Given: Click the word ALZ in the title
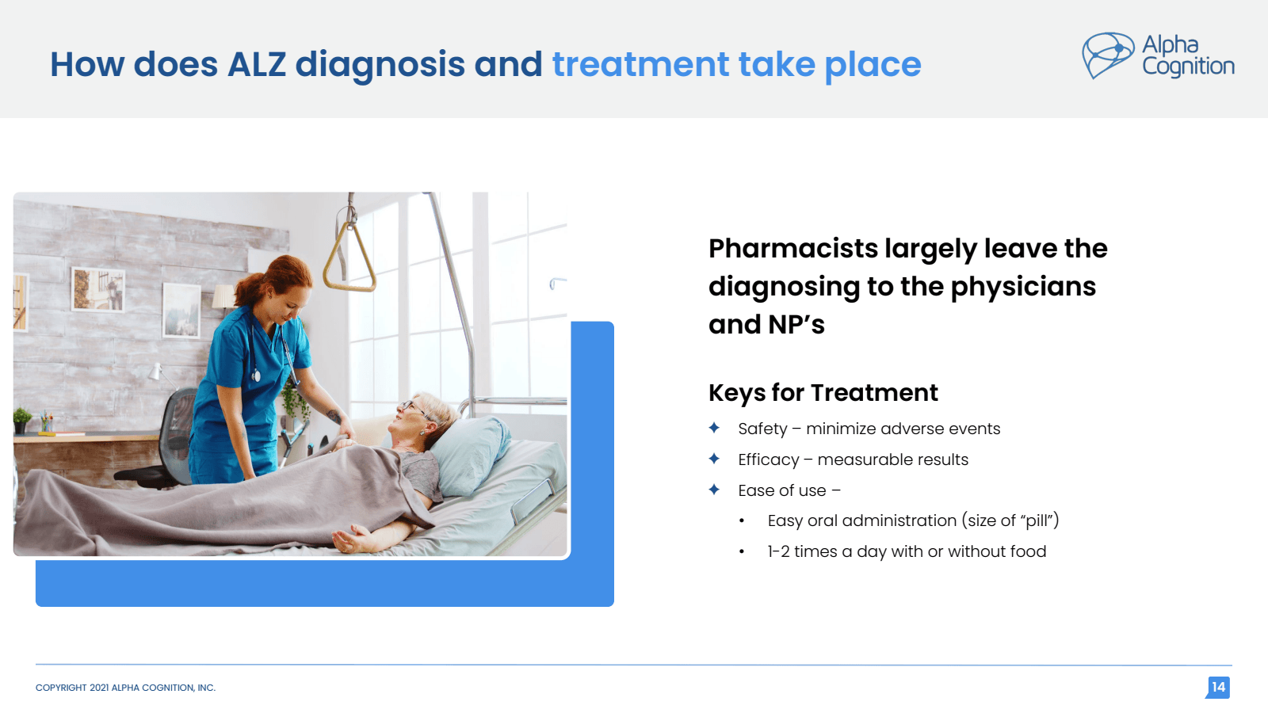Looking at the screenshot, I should pyautogui.click(x=256, y=64).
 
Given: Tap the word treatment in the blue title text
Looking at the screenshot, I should pyautogui.click(x=640, y=64).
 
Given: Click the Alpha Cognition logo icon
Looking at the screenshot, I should pyautogui.click(x=1108, y=55).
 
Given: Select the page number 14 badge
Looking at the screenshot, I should pyautogui.click(x=1218, y=687).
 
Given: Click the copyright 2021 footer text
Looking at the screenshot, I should pyautogui.click(x=125, y=688).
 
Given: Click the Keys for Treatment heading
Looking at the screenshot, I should pyautogui.click(x=823, y=393).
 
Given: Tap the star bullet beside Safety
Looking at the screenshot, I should pyautogui.click(x=714, y=428).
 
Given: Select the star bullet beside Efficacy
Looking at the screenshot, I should pyautogui.click(x=714, y=459).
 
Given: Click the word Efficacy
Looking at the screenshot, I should pyautogui.click(x=768, y=459).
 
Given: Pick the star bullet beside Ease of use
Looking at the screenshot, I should pyautogui.click(x=714, y=490).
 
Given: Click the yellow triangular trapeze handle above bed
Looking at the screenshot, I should pyautogui.click(x=349, y=257).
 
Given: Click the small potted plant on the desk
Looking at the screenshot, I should pyautogui.click(x=22, y=418).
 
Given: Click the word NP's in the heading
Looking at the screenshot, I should pyautogui.click(x=796, y=325).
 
